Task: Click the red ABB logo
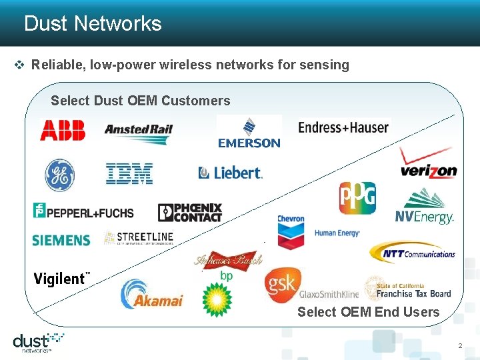point(63,129)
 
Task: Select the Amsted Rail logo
point(139,131)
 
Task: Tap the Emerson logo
point(249,133)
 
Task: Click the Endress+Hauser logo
point(343,127)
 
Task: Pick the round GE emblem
point(59,175)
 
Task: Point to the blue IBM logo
point(129,174)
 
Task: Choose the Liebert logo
point(231,173)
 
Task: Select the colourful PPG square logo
point(357,198)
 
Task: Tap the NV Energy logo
point(425,207)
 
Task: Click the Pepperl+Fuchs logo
point(83,211)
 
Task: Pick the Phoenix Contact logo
point(190,213)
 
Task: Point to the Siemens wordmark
point(61,239)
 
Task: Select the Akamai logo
point(151,295)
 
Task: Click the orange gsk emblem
point(281,285)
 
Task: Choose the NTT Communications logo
point(413,253)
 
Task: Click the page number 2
point(459,346)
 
